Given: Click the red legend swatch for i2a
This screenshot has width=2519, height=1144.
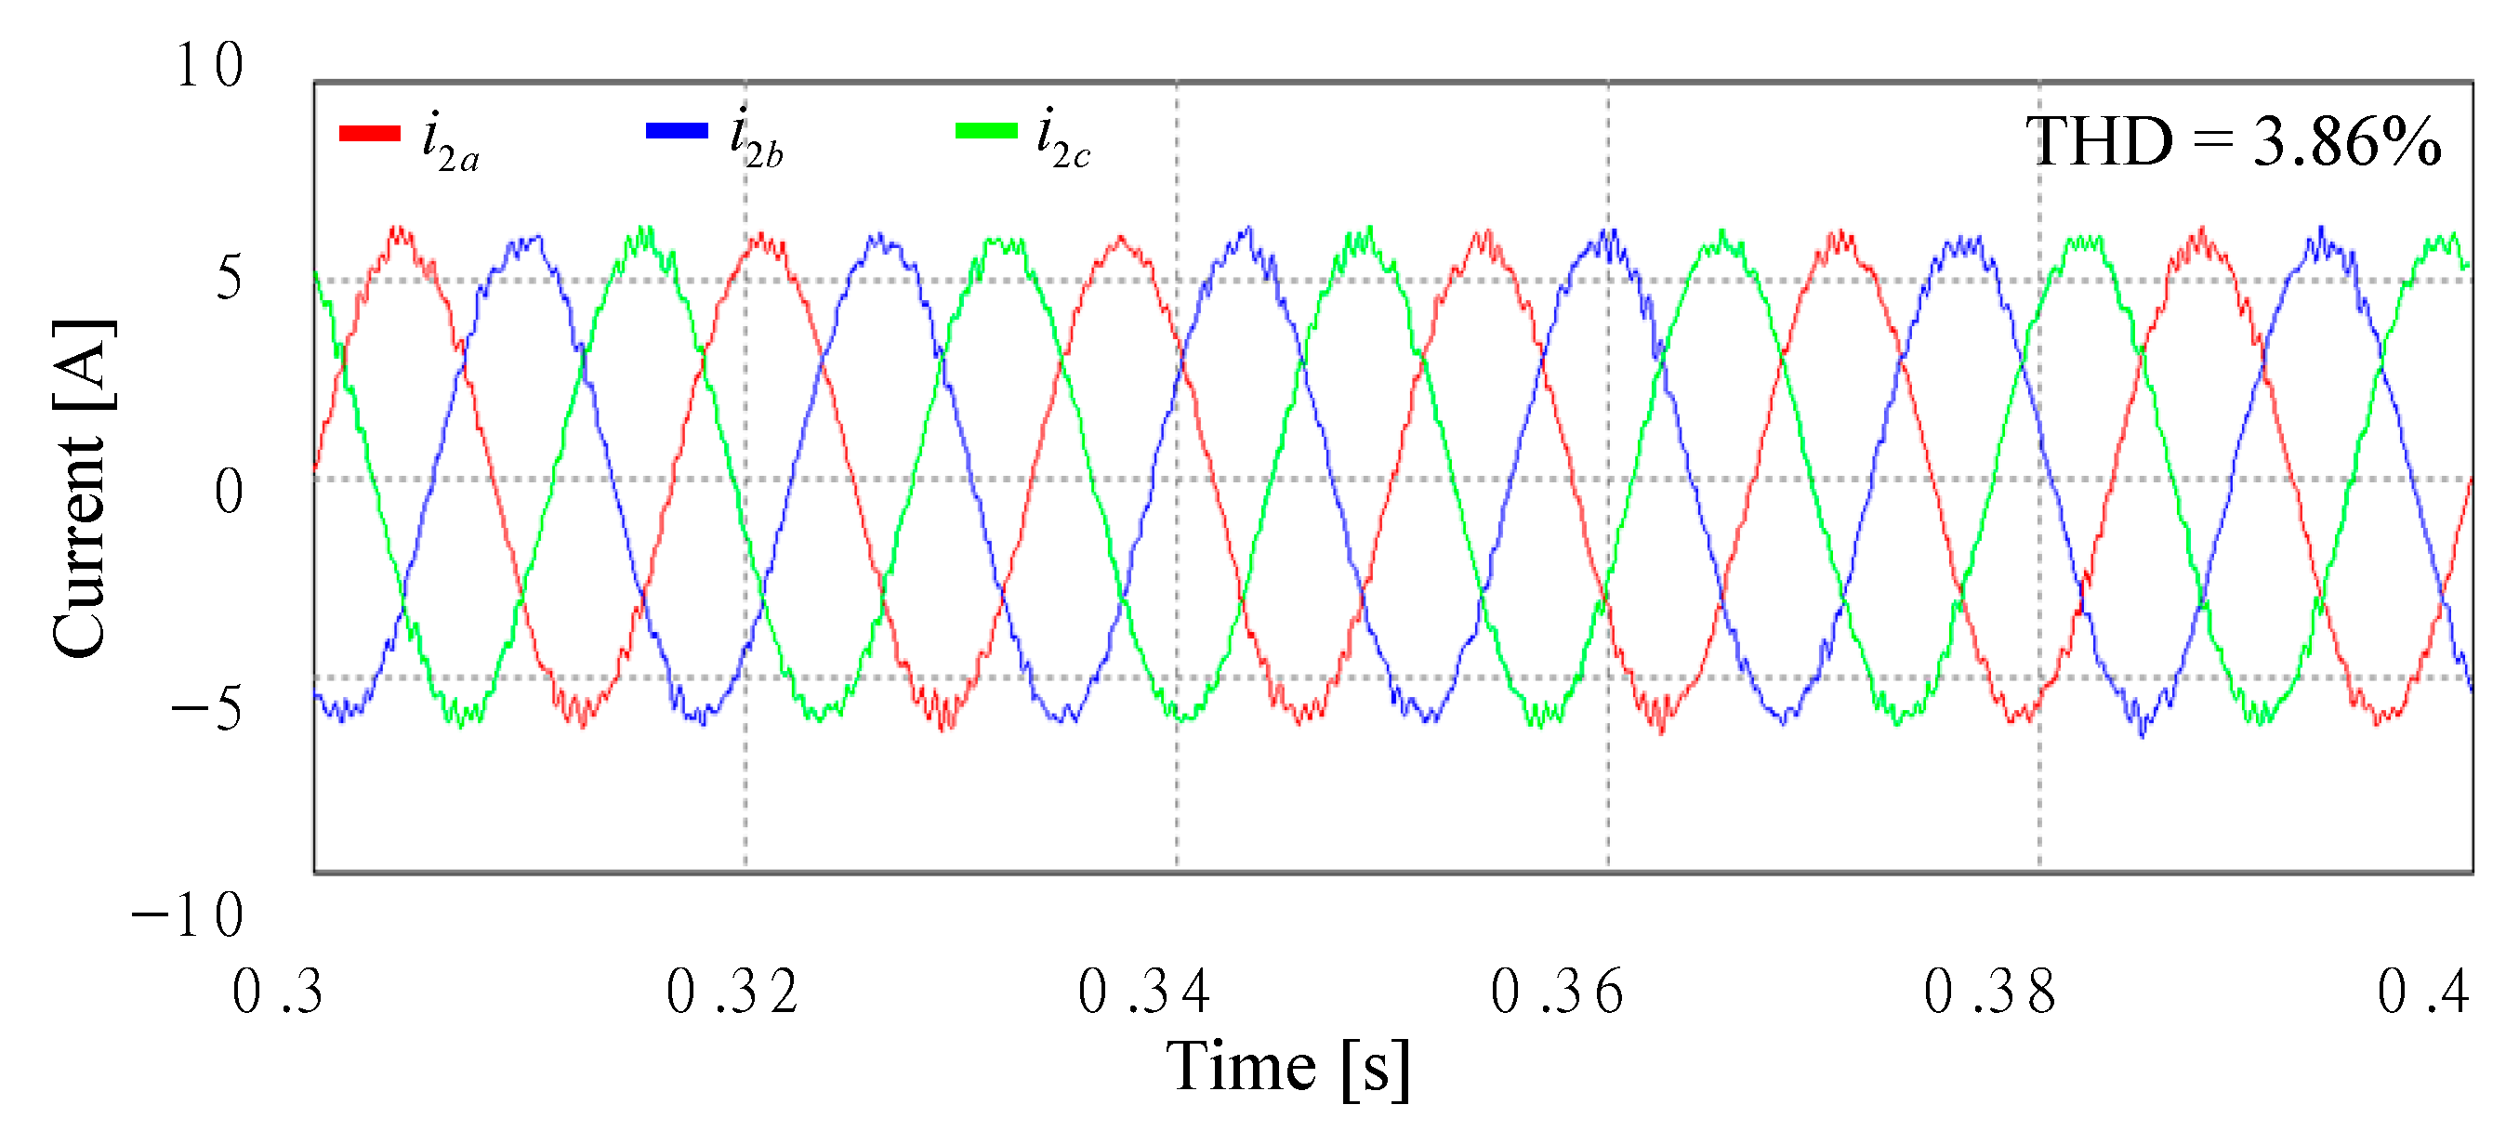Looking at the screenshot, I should [370, 133].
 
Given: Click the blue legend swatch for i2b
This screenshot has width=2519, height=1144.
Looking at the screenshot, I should [677, 131].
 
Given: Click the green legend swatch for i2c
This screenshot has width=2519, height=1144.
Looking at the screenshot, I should [985, 131].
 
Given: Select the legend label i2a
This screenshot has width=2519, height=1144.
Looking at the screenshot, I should [450, 143].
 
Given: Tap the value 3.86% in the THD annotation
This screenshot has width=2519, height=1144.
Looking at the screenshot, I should [2347, 143].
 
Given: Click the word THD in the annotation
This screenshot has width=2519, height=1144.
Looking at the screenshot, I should [2099, 143].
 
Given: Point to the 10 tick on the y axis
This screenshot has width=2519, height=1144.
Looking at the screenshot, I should [209, 67].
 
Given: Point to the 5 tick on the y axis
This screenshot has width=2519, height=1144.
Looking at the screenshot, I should [228, 278].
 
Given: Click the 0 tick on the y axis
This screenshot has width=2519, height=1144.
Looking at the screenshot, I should [228, 491].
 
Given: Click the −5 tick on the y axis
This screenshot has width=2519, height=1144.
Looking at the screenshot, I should [207, 708].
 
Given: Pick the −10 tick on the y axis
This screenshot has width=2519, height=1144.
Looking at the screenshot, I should [188, 916].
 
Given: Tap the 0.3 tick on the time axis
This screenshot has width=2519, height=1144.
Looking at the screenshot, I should [278, 992].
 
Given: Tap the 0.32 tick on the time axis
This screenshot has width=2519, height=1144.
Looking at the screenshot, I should [732, 992].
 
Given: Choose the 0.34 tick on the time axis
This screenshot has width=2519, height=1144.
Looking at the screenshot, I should [1144, 992].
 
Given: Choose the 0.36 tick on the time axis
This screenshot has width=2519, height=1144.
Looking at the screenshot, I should [1557, 992].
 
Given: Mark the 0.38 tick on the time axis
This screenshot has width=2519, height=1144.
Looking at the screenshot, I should [1990, 992].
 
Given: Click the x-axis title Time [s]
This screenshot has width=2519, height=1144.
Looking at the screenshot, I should [1288, 1067].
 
